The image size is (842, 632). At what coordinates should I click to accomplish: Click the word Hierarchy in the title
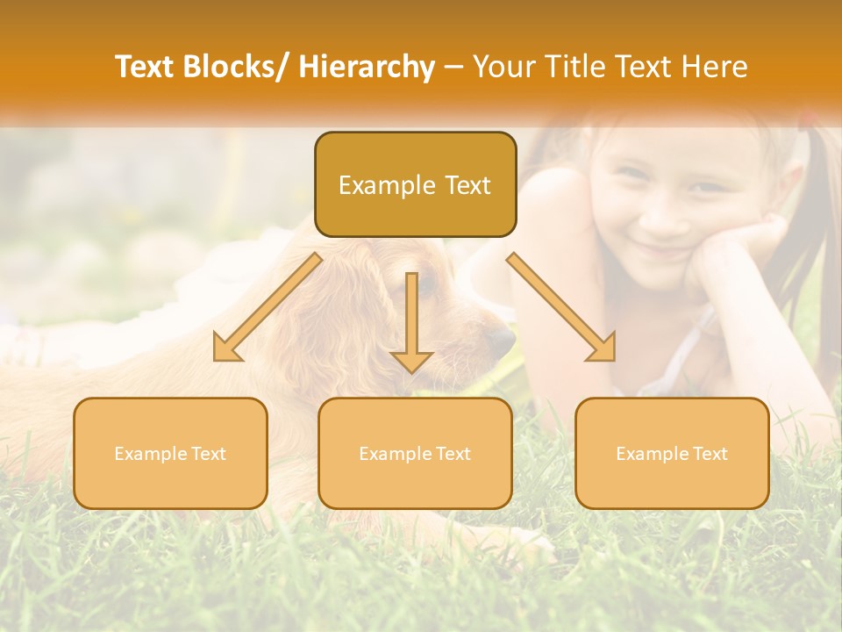pos(367,67)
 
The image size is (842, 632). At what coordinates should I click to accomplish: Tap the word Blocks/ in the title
pos(237,67)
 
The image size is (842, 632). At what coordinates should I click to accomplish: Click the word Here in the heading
pos(714,67)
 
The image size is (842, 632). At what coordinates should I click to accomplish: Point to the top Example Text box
pos(415,184)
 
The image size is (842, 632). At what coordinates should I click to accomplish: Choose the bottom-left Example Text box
pos(170,453)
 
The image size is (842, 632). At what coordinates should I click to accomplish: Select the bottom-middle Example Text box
pos(415,453)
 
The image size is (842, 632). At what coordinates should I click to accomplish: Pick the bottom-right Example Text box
pos(672,453)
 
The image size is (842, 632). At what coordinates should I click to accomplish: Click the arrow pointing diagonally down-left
pos(267,307)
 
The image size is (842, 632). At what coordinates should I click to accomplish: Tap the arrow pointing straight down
pos(411,321)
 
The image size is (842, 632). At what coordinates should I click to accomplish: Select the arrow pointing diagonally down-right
pos(561,307)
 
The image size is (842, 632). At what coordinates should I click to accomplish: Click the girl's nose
pos(660,214)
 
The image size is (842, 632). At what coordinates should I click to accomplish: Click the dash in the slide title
pos(453,67)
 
